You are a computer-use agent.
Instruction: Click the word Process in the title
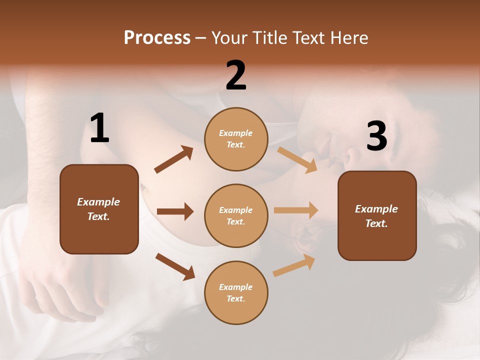[x=157, y=37]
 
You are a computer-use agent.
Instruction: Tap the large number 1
[x=99, y=128]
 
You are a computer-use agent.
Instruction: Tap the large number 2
[x=236, y=75]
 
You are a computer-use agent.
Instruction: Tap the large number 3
[x=376, y=136]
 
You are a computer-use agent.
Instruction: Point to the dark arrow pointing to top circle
[x=173, y=159]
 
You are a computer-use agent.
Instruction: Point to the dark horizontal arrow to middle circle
[x=175, y=211]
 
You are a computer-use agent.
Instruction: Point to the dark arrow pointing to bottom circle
[x=175, y=266]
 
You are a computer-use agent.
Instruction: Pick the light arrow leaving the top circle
[x=297, y=159]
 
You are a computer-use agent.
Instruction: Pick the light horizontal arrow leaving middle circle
[x=296, y=210]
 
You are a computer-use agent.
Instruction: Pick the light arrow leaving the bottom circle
[x=294, y=265]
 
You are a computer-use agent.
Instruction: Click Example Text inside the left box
[x=98, y=209]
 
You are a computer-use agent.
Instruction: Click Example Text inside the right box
[x=376, y=216]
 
